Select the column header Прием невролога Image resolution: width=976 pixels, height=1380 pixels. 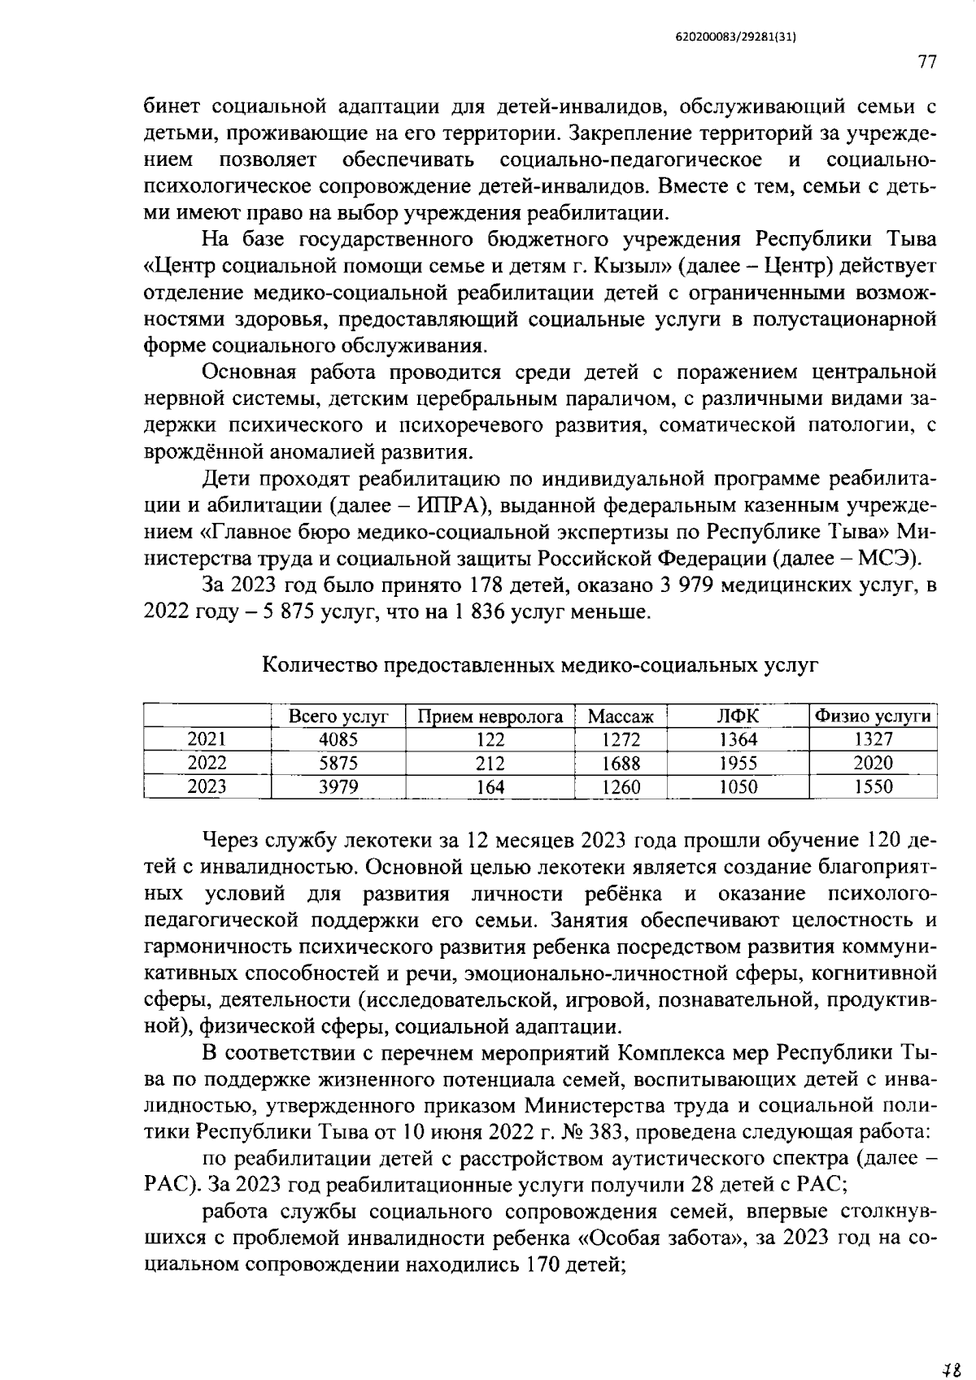tap(490, 716)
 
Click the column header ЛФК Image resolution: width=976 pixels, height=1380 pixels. tap(738, 716)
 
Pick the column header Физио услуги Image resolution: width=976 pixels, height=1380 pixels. tap(873, 716)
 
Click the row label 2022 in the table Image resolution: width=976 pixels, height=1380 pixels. tap(207, 763)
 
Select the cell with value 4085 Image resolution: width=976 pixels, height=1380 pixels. tap(338, 739)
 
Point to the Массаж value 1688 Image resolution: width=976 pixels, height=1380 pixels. tap(621, 764)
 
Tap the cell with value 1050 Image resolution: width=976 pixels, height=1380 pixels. tap(738, 786)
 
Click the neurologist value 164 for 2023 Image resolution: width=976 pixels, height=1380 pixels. tap(490, 787)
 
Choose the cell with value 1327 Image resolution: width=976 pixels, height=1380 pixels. tap(873, 739)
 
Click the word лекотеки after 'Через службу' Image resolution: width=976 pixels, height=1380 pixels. tap(402, 839)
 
